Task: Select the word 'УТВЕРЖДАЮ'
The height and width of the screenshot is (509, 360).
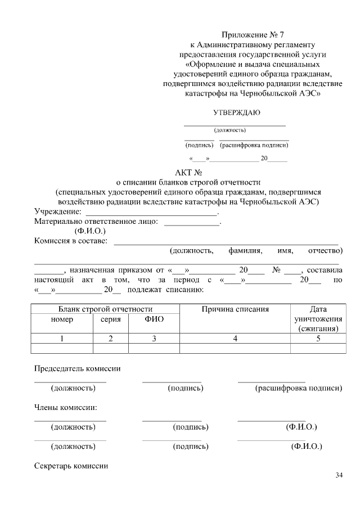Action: coord(236,112)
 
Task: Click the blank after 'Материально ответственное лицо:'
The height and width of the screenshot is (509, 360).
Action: coord(191,223)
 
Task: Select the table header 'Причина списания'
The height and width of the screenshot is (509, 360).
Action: coord(235,309)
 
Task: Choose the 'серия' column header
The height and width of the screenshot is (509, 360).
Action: coord(110,319)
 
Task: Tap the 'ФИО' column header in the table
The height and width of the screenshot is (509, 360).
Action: coord(154,319)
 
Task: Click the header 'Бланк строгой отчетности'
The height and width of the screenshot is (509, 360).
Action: coord(106,309)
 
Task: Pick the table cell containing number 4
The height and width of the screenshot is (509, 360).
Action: coord(235,338)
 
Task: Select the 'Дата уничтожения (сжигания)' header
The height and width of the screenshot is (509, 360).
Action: coord(318,319)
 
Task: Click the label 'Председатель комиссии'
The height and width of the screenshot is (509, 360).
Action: coord(78,369)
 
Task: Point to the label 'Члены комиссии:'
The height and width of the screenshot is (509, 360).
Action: coord(66,407)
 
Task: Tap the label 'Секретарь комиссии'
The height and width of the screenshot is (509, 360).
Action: coord(71,466)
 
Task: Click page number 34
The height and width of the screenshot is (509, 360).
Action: coord(339,476)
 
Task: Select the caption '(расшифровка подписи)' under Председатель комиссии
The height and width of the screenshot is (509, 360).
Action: coord(298,388)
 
